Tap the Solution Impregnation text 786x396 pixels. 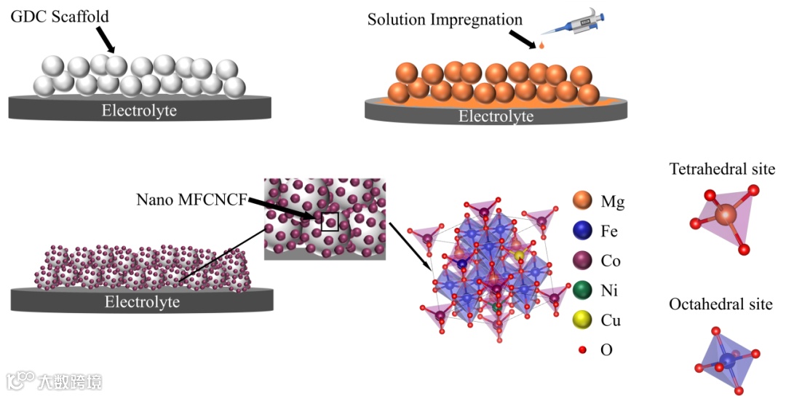click(x=445, y=20)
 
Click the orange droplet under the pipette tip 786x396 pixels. click(x=541, y=47)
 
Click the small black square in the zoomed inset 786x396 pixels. click(x=330, y=221)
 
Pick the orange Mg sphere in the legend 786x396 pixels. click(x=584, y=202)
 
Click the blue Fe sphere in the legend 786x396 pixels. click(x=584, y=231)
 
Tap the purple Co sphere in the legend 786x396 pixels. click(x=584, y=261)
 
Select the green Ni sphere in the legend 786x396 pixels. click(x=584, y=290)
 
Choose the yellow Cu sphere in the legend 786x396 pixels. click(x=584, y=320)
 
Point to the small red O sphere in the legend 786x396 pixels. click(x=582, y=350)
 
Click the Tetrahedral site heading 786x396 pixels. click(x=722, y=170)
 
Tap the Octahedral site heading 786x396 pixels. click(x=720, y=304)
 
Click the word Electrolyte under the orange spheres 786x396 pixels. click(x=496, y=116)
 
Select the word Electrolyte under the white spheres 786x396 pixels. click(x=139, y=111)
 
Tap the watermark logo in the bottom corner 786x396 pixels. click(x=55, y=380)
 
